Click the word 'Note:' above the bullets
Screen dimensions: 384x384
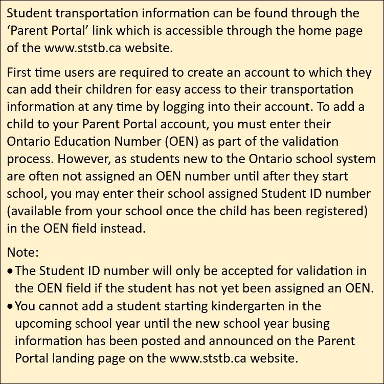tap(23, 252)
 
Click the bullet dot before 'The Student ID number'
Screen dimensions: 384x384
tap(11, 270)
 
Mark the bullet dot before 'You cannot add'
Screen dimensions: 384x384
tap(11, 306)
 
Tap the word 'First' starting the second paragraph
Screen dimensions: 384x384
tap(19, 72)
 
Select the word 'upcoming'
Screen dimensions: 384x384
tap(41, 323)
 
